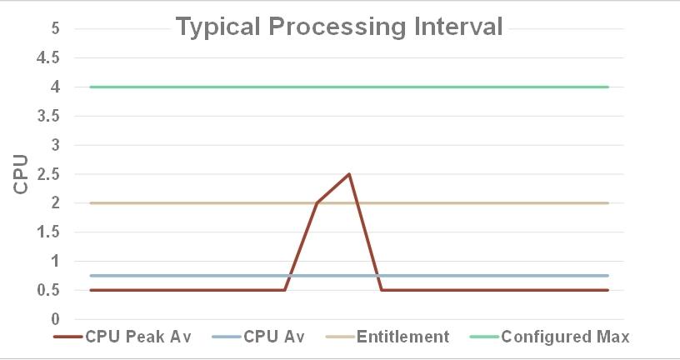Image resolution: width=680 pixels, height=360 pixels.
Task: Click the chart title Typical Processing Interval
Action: point(340,27)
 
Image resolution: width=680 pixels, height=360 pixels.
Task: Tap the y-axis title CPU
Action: point(22,174)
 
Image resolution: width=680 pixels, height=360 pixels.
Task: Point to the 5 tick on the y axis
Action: point(55,28)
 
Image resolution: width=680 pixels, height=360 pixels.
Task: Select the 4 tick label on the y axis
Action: point(55,87)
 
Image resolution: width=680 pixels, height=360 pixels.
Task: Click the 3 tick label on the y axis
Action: point(55,145)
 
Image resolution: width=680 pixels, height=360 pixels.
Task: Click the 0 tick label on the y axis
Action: point(55,319)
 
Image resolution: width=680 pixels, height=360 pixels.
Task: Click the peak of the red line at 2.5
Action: point(348,174)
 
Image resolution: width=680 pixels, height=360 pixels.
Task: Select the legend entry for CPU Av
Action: point(273,337)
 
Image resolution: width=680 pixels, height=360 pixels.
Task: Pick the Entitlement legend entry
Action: point(402,337)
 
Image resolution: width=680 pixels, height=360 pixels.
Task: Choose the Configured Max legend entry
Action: point(565,337)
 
